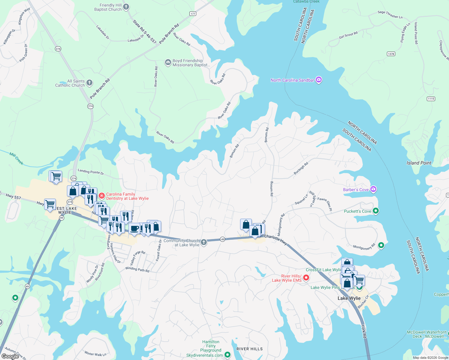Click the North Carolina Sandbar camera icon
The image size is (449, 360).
319,80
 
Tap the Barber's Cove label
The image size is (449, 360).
356,190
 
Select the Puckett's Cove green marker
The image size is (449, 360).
375,211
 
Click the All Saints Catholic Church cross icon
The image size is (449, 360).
89,83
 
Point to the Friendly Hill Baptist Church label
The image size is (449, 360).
108,7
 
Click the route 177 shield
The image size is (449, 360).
193,13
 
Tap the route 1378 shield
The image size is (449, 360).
391,54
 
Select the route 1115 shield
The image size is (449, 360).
431,99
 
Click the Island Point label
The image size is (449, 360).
419,163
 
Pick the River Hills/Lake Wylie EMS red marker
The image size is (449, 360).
306,278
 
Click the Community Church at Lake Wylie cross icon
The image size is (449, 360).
204,242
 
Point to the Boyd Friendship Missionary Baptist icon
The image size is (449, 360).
168,62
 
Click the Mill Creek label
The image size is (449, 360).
16,158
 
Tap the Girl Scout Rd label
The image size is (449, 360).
348,35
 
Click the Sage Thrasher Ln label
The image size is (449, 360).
390,14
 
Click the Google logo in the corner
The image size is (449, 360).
10,356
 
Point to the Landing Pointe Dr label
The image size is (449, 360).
91,172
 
